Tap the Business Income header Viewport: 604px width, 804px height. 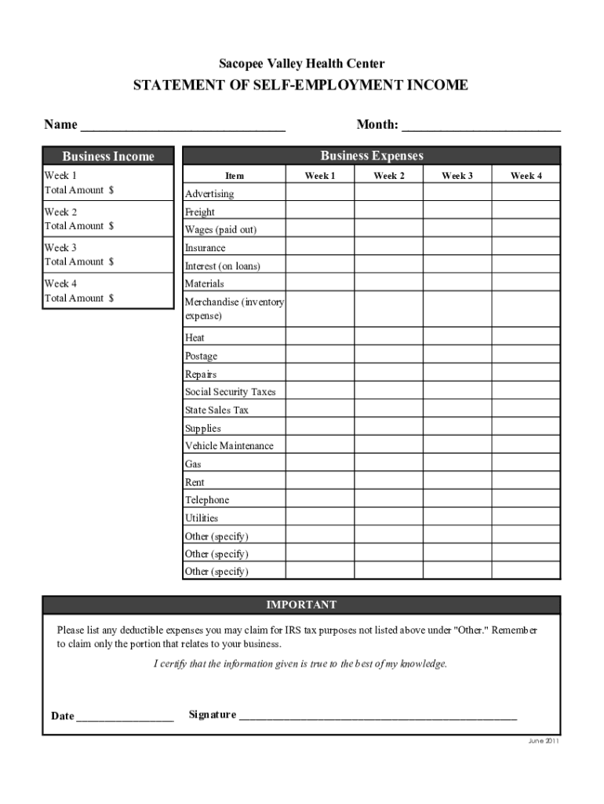(107, 156)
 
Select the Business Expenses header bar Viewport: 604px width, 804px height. (371, 155)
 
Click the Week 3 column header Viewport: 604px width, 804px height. (457, 176)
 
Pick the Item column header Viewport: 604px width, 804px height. (234, 176)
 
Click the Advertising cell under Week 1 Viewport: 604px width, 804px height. (319, 193)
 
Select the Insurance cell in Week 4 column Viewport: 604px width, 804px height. (526, 247)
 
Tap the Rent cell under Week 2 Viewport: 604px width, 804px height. (388, 482)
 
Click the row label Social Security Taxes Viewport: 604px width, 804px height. (230, 392)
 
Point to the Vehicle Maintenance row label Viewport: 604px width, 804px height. (229, 446)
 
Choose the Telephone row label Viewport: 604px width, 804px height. (207, 500)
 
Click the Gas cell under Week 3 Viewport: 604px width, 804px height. (457, 464)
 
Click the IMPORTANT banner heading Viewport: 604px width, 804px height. (301, 605)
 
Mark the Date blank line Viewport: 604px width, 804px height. (125, 718)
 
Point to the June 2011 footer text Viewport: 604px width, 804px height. (544, 741)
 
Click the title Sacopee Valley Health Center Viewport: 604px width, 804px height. (301, 64)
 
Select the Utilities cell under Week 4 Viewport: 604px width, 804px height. (526, 518)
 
